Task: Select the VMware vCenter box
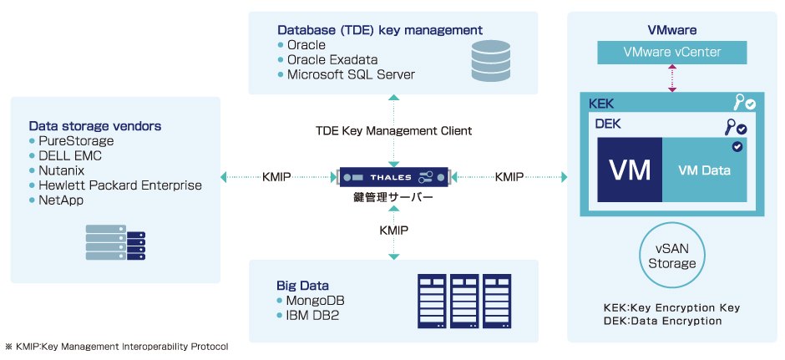coord(671,53)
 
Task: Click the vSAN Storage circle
coord(671,256)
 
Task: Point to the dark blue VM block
coord(630,170)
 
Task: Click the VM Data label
coord(704,171)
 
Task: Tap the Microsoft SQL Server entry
coord(351,74)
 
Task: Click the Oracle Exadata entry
coord(332,59)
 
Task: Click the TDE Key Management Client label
coord(393,131)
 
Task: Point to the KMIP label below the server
coord(393,229)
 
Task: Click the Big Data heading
coord(302,285)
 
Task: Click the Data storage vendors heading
coord(94,126)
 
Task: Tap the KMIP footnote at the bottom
coord(116,347)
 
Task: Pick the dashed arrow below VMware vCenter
coord(671,79)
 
